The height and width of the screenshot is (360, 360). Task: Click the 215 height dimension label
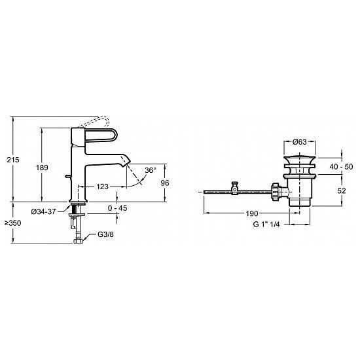tap(13, 160)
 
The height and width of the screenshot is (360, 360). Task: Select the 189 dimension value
tap(42, 168)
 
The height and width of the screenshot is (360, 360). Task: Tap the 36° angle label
tap(151, 170)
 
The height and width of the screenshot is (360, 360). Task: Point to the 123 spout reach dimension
tap(102, 187)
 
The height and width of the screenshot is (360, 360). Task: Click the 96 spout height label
tap(164, 183)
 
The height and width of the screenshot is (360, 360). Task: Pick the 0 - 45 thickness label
tap(117, 208)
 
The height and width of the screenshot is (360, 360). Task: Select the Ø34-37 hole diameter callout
tap(43, 211)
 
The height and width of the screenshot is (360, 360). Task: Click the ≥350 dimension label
tap(13, 223)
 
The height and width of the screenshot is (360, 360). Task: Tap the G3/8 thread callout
tap(105, 234)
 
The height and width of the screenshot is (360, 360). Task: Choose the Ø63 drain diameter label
tap(300, 142)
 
